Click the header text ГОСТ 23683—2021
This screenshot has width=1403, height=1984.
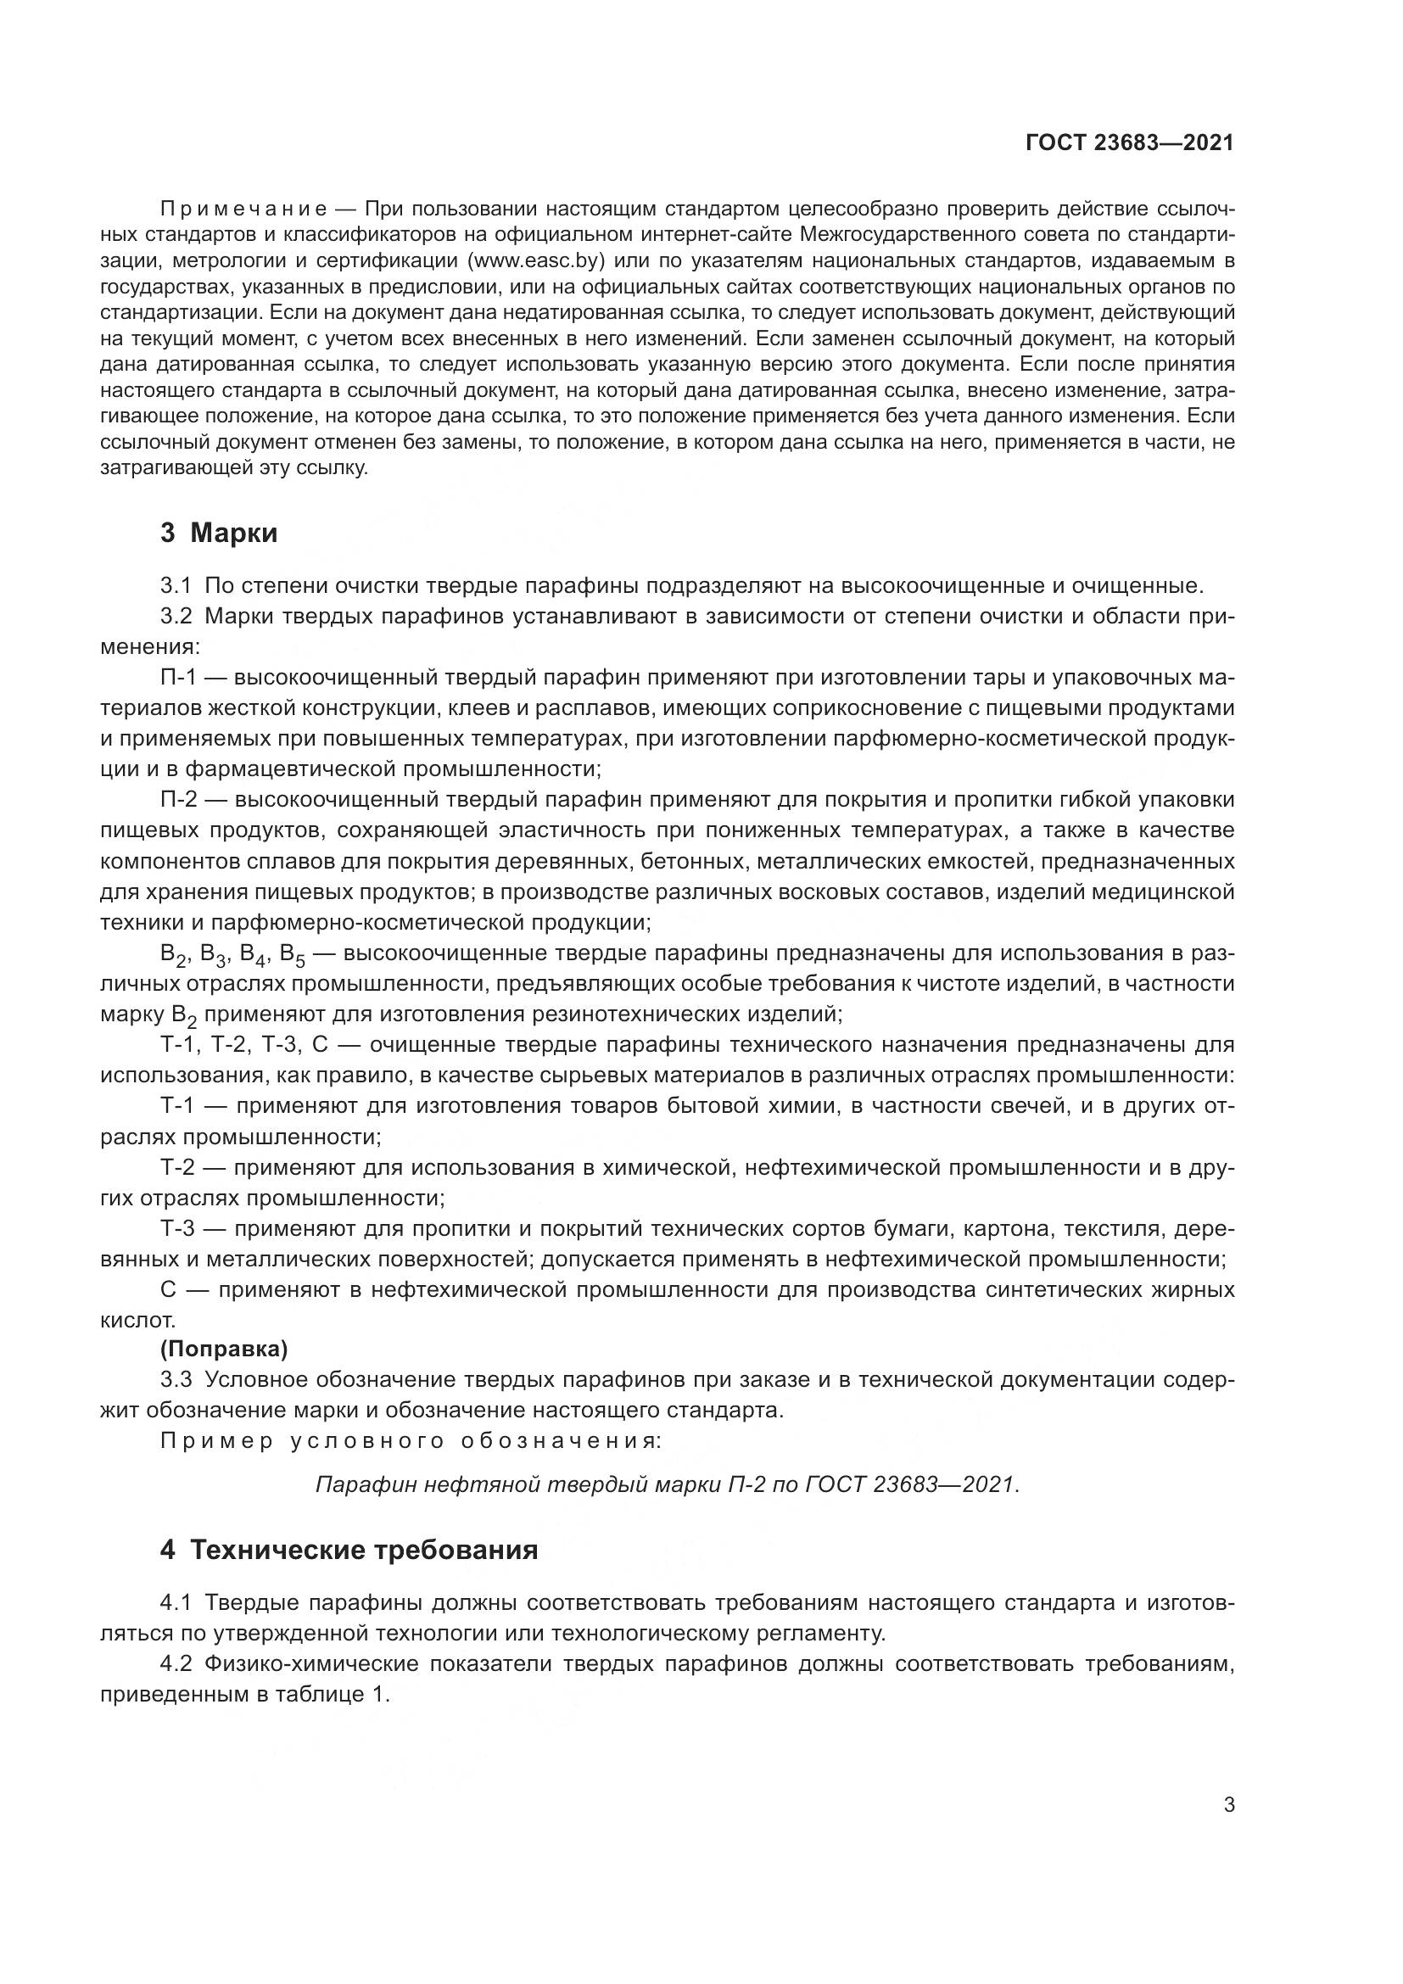click(1129, 143)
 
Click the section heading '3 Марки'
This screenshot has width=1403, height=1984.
click(219, 534)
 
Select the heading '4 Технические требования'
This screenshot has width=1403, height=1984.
click(349, 1551)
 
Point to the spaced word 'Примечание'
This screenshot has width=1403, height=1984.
click(243, 209)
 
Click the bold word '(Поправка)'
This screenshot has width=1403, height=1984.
click(224, 1349)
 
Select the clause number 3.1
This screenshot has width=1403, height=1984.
click(176, 586)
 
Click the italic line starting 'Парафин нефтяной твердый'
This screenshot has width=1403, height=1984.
click(667, 1484)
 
